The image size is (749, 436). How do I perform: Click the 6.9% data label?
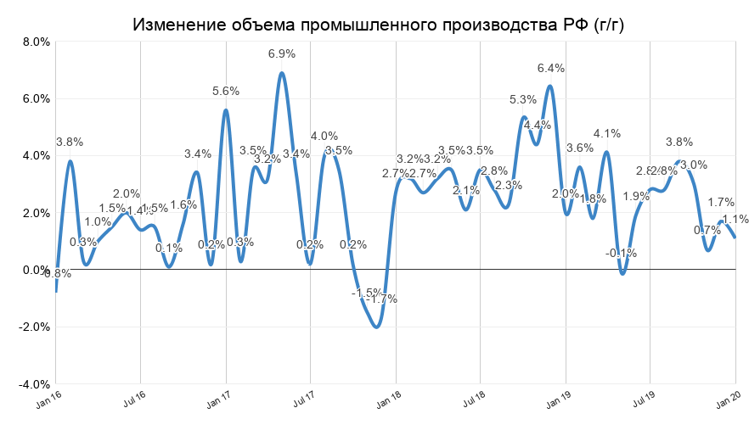tap(282, 53)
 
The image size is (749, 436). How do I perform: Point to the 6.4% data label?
tap(551, 68)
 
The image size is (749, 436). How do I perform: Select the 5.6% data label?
tap(226, 91)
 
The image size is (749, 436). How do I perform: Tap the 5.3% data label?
tap(523, 99)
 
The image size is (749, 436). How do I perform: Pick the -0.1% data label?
tap(622, 253)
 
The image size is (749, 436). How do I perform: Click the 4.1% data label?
tap(607, 133)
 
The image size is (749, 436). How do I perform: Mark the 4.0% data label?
tap(324, 136)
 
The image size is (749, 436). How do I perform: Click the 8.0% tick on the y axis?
tap(36, 42)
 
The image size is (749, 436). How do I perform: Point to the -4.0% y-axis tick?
tap(34, 384)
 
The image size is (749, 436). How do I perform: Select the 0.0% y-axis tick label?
tap(36, 270)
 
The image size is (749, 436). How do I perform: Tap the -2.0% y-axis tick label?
tap(34, 327)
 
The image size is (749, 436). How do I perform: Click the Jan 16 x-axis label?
tap(49, 400)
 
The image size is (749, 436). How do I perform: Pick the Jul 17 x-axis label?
tap(304, 400)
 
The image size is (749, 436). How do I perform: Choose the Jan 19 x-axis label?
tap(559, 400)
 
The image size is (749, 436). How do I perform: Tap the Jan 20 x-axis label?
tap(729, 400)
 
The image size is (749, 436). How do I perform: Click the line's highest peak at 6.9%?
tap(282, 72)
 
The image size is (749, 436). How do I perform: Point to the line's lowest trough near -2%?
tap(377, 327)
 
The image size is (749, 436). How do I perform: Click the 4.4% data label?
tap(538, 125)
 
